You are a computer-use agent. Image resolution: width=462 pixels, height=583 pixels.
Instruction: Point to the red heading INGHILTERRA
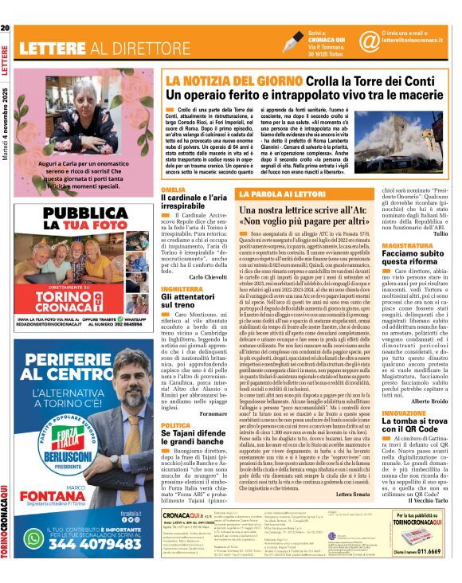(x=182, y=288)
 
